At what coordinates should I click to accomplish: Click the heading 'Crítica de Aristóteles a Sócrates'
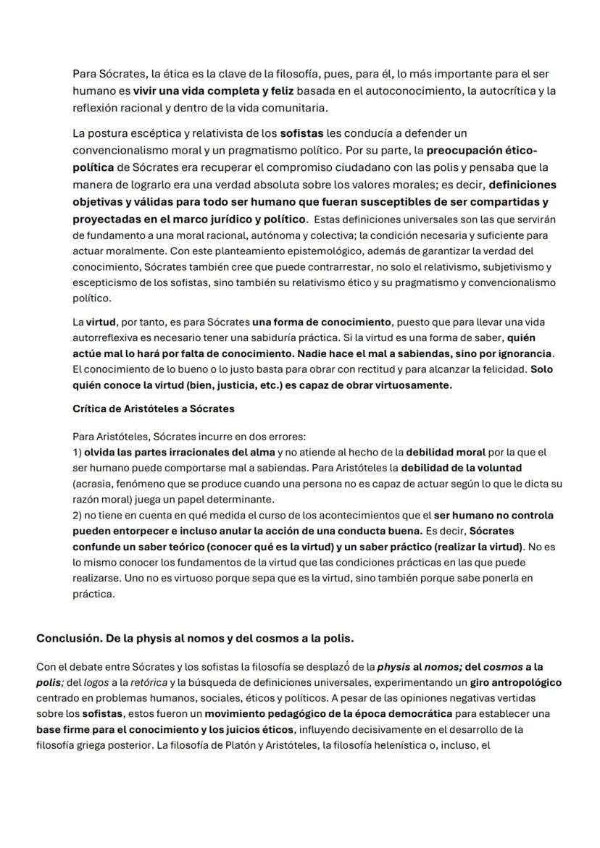[x=154, y=408]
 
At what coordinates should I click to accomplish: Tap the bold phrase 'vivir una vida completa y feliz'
[x=193, y=91]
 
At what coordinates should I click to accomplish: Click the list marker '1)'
[x=78, y=453]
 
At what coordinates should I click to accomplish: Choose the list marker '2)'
[x=78, y=516]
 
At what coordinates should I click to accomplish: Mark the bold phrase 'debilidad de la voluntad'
[x=461, y=468]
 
